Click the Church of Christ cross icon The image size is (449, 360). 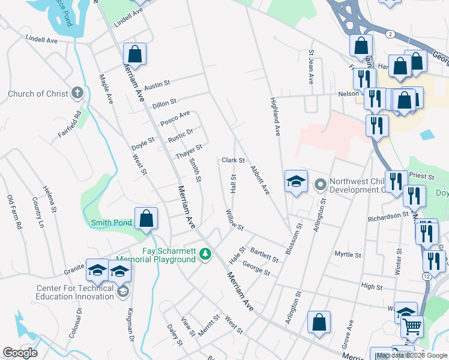click(77, 93)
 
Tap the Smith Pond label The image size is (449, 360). click(111, 223)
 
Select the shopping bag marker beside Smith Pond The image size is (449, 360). click(146, 220)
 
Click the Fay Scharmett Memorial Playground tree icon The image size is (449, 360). click(206, 255)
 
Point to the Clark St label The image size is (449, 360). click(233, 160)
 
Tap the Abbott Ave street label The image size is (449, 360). click(261, 180)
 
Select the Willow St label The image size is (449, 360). click(234, 220)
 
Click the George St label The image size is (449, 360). click(257, 268)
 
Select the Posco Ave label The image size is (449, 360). click(175, 118)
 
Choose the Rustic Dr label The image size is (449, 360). click(180, 136)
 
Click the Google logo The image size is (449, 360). click(20, 352)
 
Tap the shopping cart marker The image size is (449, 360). click(412, 326)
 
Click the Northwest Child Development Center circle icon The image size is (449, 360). click(319, 184)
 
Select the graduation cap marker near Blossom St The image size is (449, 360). click(296, 182)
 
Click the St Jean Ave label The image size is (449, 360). click(312, 67)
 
